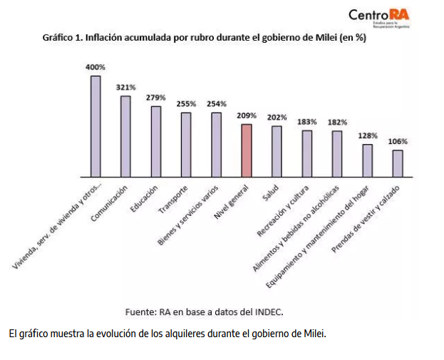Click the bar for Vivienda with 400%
[x=95, y=125]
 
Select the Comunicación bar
[x=125, y=135]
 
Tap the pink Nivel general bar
[x=247, y=150]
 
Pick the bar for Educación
[x=155, y=140]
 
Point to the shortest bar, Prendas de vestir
[x=398, y=163]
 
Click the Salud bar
[x=277, y=150]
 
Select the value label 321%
[x=125, y=87]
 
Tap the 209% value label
[x=247, y=115]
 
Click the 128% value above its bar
[x=368, y=135]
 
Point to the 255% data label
[x=186, y=103]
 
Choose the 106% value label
[x=398, y=141]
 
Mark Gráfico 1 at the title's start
[x=62, y=38]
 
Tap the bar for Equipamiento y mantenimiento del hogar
[x=368, y=160]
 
